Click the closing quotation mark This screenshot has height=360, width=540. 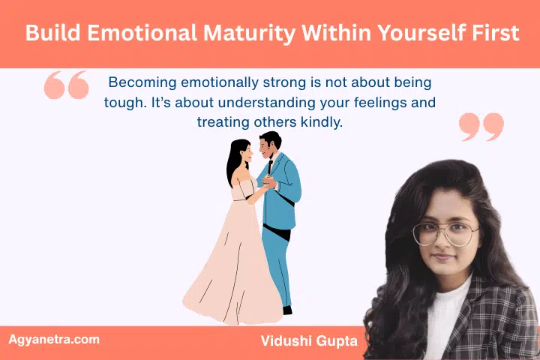coord(481,127)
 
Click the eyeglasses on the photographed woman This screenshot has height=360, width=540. coord(445,233)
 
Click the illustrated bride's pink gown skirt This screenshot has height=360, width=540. coord(232,270)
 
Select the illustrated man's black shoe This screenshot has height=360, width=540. coord(286,310)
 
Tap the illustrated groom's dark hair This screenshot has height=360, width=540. coord(271,139)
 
